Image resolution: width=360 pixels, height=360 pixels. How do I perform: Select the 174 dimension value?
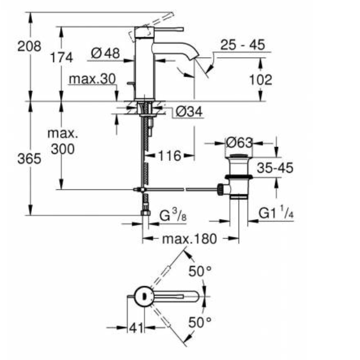pyautogui.click(x=62, y=58)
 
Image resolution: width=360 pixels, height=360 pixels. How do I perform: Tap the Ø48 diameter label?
pyautogui.click(x=105, y=54)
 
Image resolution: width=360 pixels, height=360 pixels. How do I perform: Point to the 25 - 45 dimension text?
pyautogui.click(x=243, y=45)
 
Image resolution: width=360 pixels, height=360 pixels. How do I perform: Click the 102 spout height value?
pyautogui.click(x=259, y=79)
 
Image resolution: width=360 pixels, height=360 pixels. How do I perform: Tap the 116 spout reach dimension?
pyautogui.click(x=169, y=156)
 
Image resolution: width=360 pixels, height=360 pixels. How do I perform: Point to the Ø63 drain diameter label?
pyautogui.click(x=238, y=143)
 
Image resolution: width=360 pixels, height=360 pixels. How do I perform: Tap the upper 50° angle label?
pyautogui.click(x=199, y=272)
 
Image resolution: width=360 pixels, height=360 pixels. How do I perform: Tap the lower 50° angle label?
pyautogui.click(x=199, y=322)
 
